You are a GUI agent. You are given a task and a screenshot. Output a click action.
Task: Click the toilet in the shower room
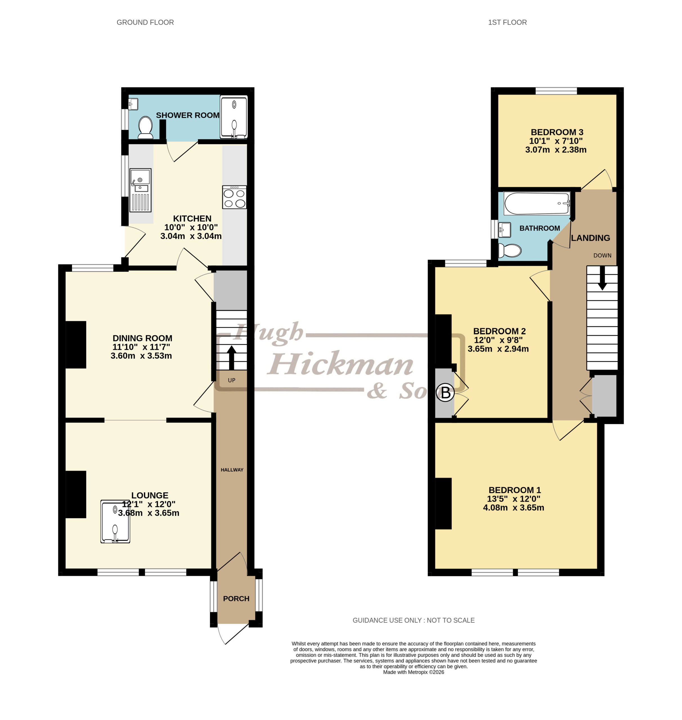(145, 128)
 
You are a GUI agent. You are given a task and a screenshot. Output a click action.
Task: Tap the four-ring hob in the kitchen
(234, 197)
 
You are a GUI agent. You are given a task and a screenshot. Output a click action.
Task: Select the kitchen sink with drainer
(140, 190)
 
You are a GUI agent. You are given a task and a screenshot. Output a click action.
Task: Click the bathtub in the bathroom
(537, 204)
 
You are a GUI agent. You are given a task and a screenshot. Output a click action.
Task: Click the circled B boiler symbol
(445, 393)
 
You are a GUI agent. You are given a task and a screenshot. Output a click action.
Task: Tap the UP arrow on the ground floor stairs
(232, 358)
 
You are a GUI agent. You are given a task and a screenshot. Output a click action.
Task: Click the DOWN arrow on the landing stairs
(602, 278)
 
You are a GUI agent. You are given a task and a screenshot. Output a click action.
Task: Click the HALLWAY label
(232, 470)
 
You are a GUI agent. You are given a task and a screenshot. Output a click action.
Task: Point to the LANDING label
(590, 238)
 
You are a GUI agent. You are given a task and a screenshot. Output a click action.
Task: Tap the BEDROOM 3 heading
(557, 132)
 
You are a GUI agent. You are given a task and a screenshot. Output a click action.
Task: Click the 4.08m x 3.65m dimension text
(513, 508)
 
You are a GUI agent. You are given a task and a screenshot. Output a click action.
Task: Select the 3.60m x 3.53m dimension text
(141, 356)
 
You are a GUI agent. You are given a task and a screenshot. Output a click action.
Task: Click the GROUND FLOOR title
(145, 22)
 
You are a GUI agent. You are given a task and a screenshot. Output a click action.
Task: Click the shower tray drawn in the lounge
(115, 521)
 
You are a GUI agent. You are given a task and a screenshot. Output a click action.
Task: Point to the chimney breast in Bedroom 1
(443, 503)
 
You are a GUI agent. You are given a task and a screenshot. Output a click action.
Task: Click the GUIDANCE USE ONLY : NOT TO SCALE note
(414, 620)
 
